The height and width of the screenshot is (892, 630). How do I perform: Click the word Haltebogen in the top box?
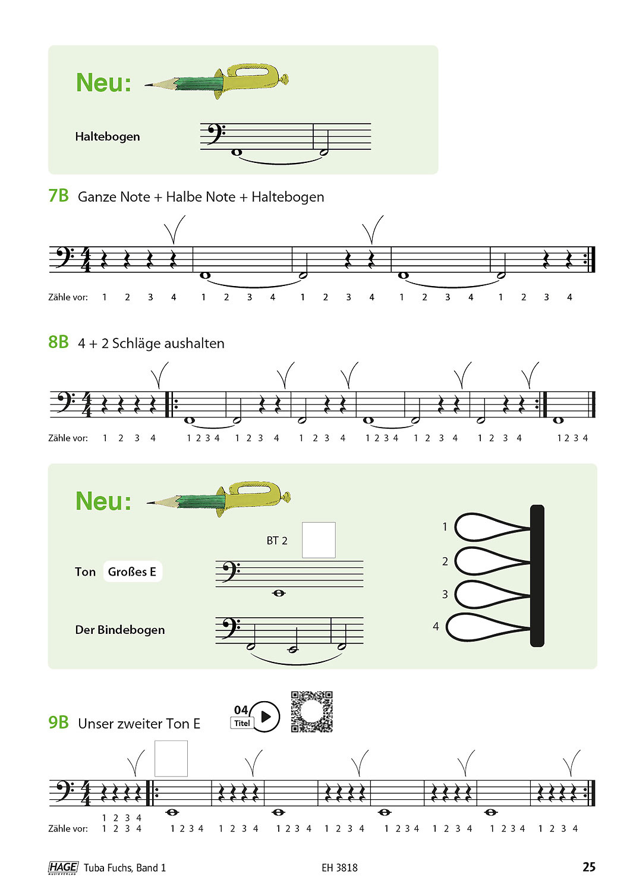click(x=108, y=137)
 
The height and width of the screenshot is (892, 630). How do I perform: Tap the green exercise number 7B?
click(x=58, y=196)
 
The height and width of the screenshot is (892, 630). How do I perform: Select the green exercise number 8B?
click(x=58, y=342)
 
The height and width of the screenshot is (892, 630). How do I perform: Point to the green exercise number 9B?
click(x=58, y=723)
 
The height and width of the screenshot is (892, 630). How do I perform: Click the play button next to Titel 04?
click(x=265, y=717)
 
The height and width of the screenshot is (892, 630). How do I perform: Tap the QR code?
click(x=311, y=711)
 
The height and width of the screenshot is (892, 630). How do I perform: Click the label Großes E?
click(x=132, y=571)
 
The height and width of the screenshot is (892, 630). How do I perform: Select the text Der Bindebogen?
click(x=120, y=630)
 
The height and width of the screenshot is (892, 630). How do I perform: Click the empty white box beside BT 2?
click(x=319, y=540)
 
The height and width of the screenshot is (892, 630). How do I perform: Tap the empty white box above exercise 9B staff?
click(x=171, y=758)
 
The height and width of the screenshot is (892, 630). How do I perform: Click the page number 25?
click(x=588, y=867)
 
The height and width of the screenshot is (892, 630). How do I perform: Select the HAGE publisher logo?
click(x=63, y=868)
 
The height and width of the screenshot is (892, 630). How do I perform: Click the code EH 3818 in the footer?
click(x=339, y=868)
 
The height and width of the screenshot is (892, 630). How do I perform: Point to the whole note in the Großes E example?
click(x=278, y=593)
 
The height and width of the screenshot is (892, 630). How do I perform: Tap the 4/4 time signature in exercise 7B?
click(x=86, y=260)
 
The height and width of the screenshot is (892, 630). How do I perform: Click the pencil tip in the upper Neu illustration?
click(x=149, y=86)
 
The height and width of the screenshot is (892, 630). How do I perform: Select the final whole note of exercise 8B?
click(x=558, y=420)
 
